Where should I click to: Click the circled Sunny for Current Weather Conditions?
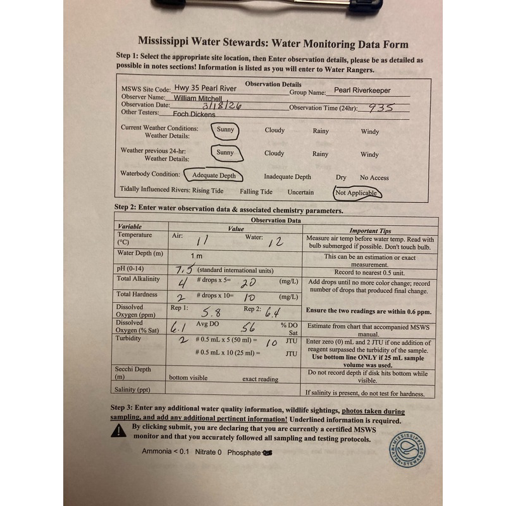pyautogui.click(x=225, y=130)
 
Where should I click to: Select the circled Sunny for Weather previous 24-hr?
pyautogui.click(x=225, y=153)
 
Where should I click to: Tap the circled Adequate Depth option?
pyautogui.click(x=214, y=175)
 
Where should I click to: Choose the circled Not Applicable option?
pyautogui.click(x=357, y=193)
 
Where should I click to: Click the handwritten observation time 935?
pyautogui.click(x=381, y=108)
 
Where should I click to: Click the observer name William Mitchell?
pyautogui.click(x=199, y=99)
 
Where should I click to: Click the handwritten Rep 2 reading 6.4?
pyautogui.click(x=272, y=311)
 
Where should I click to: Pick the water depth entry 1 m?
pyautogui.click(x=197, y=256)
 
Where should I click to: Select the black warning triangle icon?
pyautogui.click(x=118, y=431)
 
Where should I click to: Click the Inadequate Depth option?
pyautogui.click(x=287, y=178)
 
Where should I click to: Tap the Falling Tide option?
pyautogui.click(x=256, y=192)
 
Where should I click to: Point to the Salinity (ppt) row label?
pyautogui.click(x=132, y=390)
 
